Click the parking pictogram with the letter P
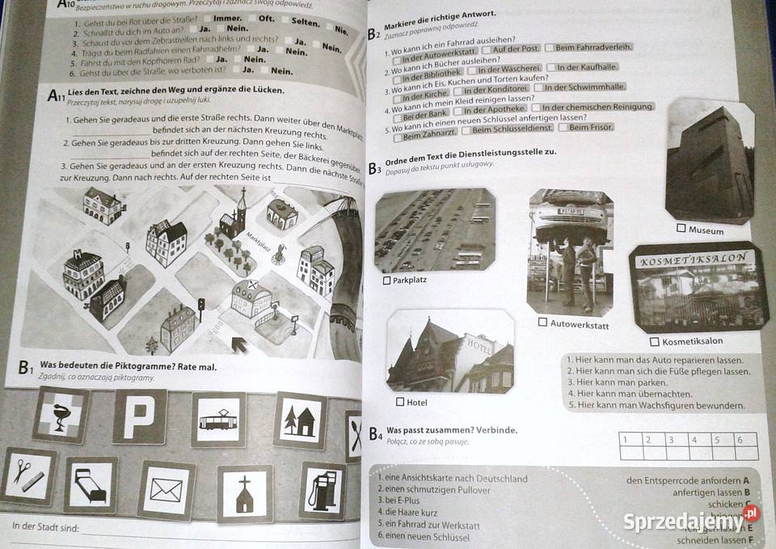click(x=139, y=417)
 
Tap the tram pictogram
click(x=218, y=420)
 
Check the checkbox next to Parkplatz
click(x=386, y=281)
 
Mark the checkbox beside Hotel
click(x=399, y=402)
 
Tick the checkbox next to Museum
click(x=681, y=230)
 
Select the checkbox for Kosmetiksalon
click(x=655, y=341)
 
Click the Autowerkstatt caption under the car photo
click(x=579, y=325)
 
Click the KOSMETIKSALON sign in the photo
click(x=697, y=262)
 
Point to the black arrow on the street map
click(x=240, y=345)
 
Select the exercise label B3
click(x=374, y=168)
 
